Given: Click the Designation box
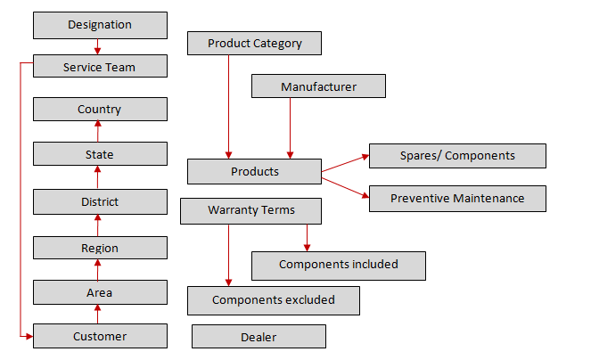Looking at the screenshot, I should (x=100, y=25).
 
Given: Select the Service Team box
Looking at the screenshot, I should (x=100, y=67).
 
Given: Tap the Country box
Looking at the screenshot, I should (x=100, y=110).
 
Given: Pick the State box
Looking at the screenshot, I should (x=100, y=154).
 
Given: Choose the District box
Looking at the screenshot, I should (x=100, y=201).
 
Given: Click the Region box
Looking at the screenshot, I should (x=100, y=248).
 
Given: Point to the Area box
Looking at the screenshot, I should (x=100, y=292).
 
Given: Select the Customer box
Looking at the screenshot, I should (x=100, y=336).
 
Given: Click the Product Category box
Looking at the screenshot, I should (x=254, y=43).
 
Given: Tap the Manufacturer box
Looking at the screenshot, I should (x=318, y=86).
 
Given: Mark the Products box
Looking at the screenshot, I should (x=254, y=171).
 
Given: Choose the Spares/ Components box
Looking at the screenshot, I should (x=456, y=156).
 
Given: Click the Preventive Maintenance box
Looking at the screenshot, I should (x=456, y=198).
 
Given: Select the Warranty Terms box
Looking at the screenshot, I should (x=250, y=210).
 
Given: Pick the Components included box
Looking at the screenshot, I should (x=338, y=265).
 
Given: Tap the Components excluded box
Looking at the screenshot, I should (x=273, y=300).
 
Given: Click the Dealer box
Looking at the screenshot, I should (x=259, y=337).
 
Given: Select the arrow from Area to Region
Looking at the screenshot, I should (x=98, y=270).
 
